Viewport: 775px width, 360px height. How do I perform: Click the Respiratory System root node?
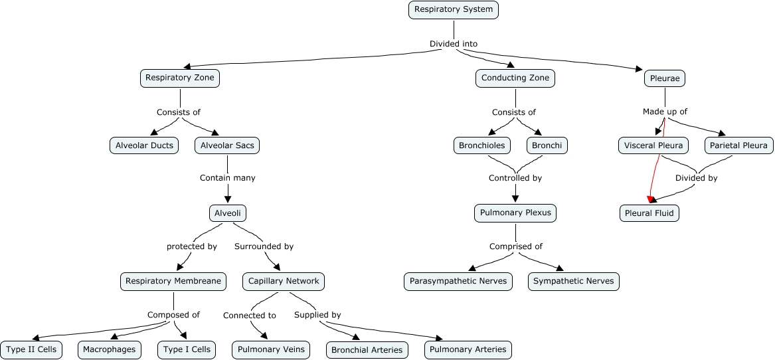(x=454, y=9)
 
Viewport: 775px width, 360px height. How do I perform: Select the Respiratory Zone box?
(x=180, y=78)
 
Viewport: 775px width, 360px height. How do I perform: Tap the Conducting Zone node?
(x=515, y=78)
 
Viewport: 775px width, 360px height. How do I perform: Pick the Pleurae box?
(x=665, y=78)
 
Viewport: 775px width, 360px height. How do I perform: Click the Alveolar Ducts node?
(x=144, y=145)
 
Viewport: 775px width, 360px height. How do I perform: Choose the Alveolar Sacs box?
(x=227, y=145)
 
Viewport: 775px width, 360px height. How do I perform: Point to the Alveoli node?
(x=228, y=213)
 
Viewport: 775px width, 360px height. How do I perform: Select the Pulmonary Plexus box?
(x=515, y=213)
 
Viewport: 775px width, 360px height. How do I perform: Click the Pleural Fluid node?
(x=649, y=213)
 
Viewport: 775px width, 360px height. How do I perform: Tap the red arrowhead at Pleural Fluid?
(x=651, y=199)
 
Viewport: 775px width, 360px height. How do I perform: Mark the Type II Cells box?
(x=31, y=349)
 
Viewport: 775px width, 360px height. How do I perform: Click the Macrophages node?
(x=110, y=349)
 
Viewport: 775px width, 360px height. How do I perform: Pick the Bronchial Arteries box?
(x=367, y=350)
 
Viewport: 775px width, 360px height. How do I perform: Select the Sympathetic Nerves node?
(x=574, y=281)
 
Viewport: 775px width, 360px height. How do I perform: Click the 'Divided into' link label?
(x=454, y=44)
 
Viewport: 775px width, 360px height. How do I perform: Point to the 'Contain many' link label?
(x=228, y=178)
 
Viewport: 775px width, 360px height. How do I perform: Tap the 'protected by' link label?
(x=192, y=246)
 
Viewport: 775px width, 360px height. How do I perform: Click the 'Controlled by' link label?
(x=515, y=178)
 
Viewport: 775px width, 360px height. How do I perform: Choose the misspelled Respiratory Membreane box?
(x=173, y=281)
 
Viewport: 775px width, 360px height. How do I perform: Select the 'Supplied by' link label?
(x=317, y=315)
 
